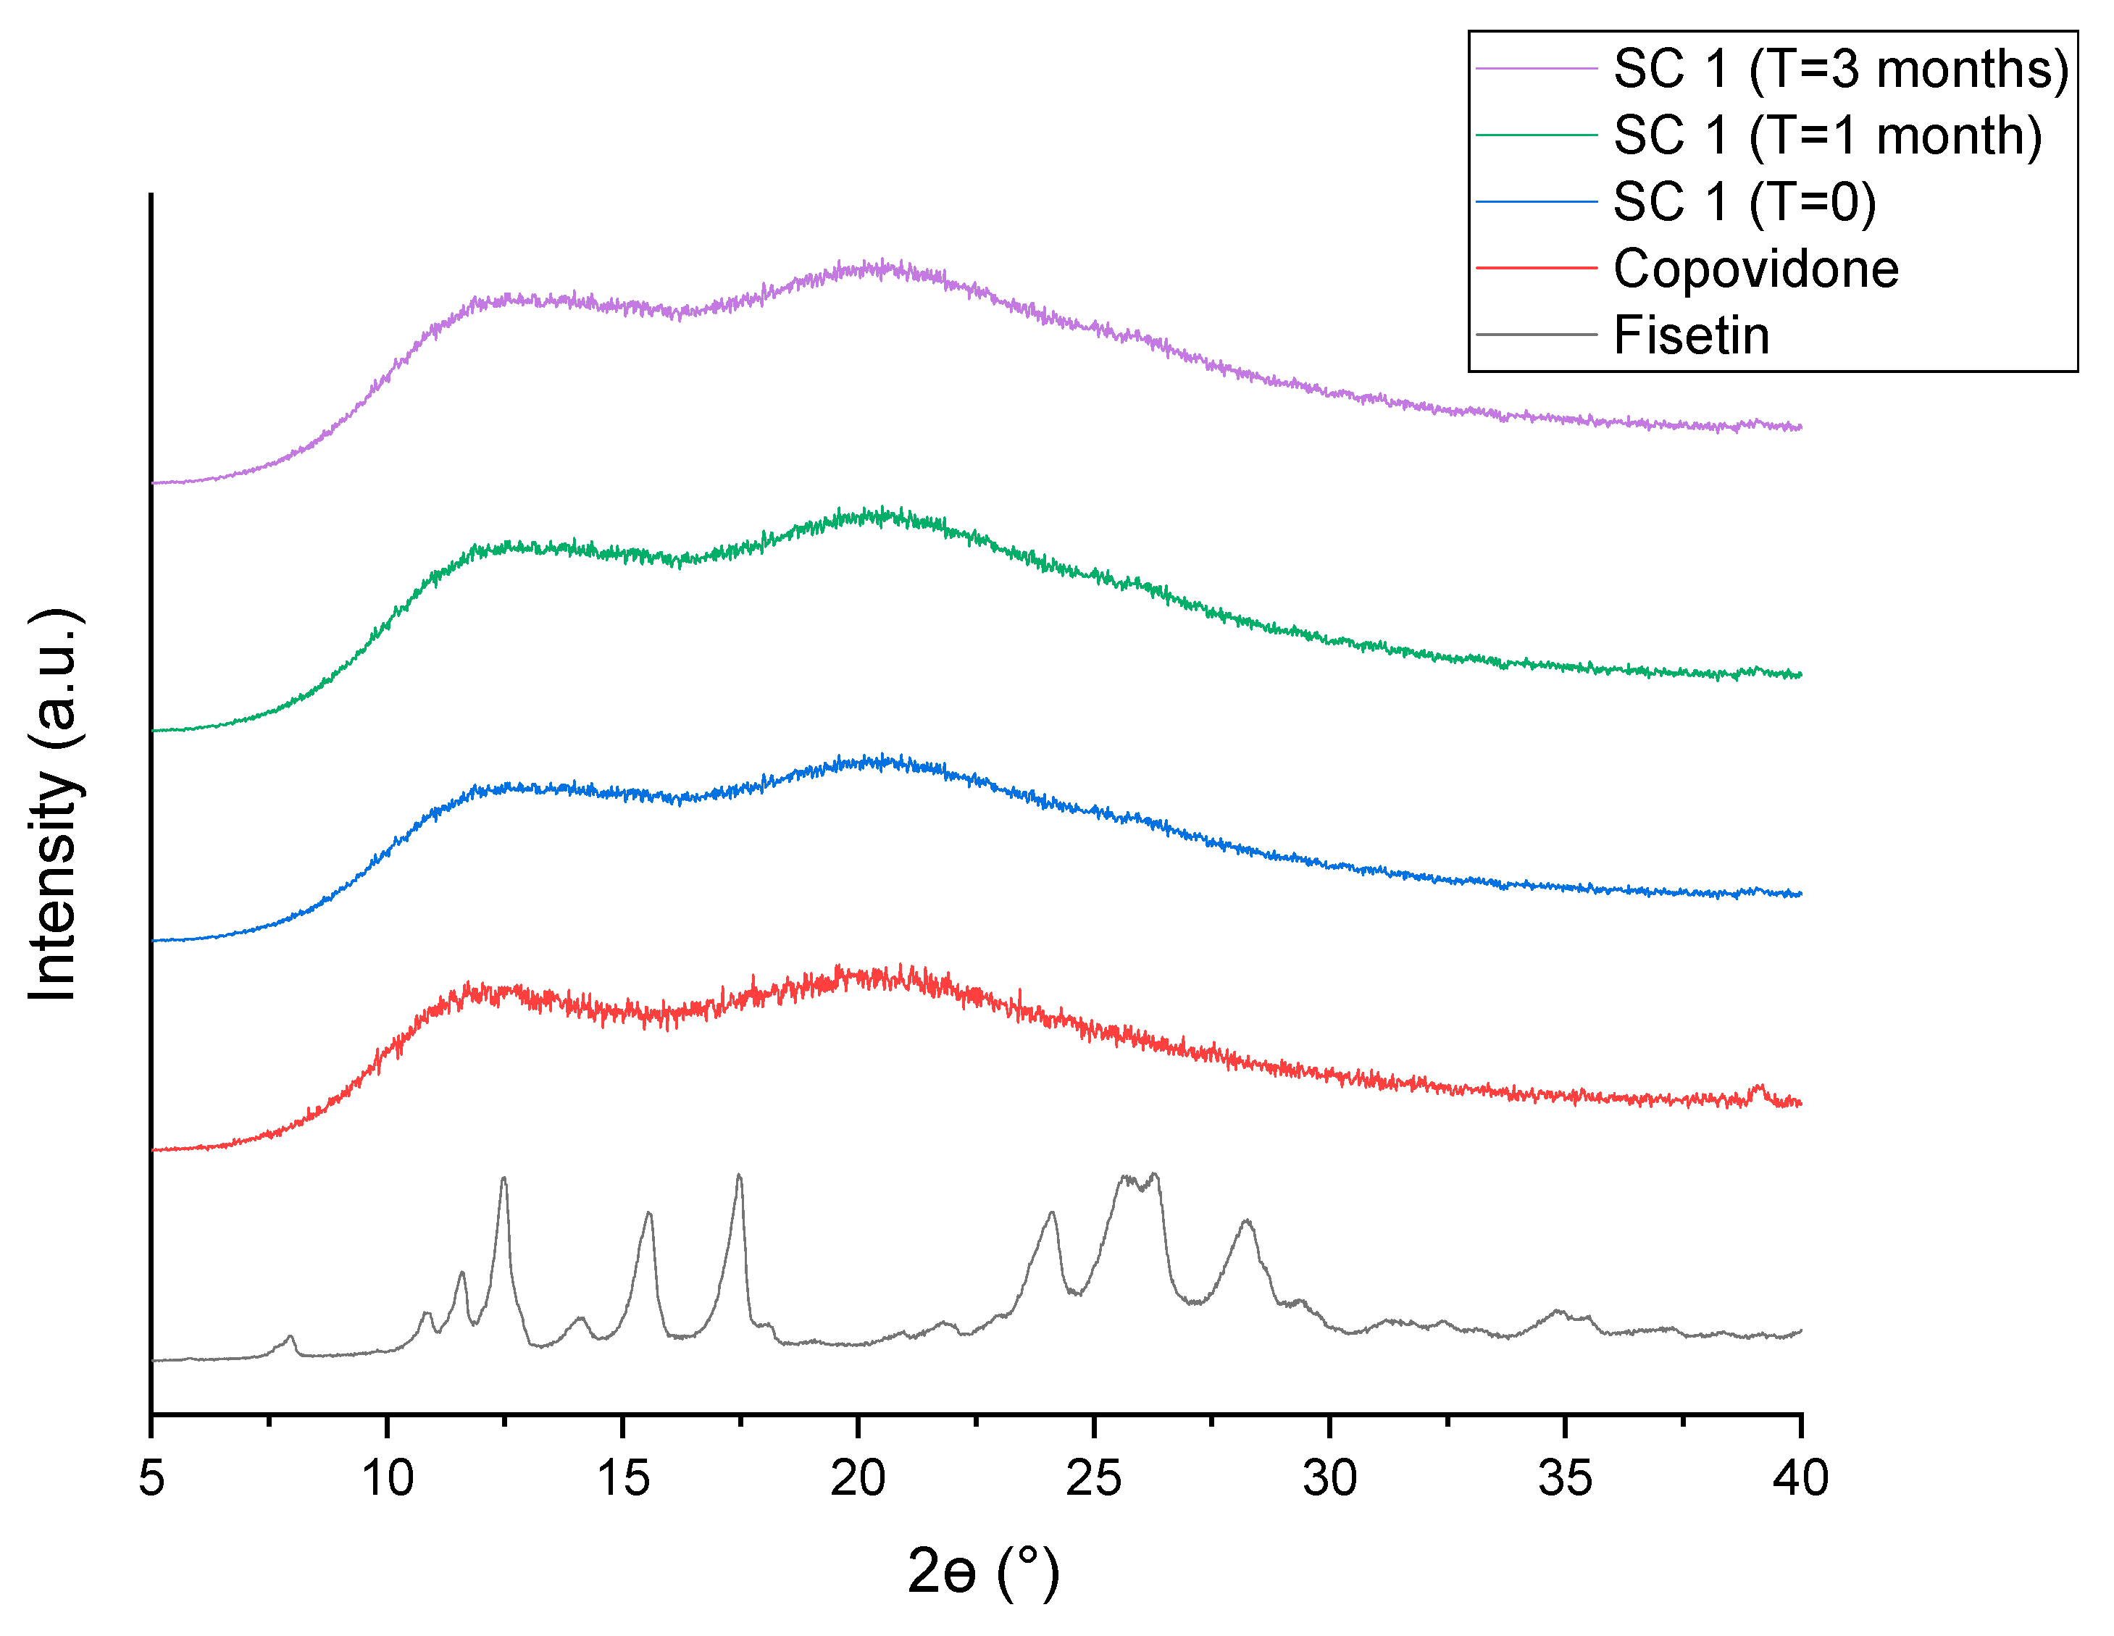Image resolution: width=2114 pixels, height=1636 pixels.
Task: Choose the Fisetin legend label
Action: (1691, 336)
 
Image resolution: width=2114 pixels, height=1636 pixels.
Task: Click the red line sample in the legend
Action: (1536, 268)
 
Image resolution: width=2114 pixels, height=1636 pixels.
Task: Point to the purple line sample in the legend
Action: (1536, 68)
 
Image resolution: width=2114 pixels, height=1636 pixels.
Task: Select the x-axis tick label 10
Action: (387, 1478)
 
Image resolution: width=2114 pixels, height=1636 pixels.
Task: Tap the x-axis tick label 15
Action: (622, 1478)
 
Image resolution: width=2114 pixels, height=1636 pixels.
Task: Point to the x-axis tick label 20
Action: (858, 1478)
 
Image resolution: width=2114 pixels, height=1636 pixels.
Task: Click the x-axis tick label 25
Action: (1094, 1478)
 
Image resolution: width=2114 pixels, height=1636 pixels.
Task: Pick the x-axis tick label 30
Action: (1329, 1478)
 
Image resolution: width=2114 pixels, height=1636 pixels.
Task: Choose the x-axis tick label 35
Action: (1565, 1478)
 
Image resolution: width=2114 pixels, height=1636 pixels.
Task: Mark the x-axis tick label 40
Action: (1800, 1478)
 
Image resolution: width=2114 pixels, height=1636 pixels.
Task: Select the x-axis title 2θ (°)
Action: (982, 1571)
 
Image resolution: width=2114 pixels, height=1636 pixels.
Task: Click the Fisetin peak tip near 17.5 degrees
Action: (740, 1176)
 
